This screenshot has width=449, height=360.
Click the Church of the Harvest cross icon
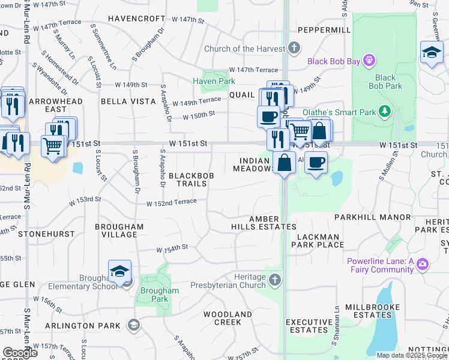point(294,47)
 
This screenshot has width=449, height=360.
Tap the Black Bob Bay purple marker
point(369,60)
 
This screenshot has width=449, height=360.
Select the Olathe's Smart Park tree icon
point(386,111)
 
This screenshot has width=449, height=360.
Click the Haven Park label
point(214,81)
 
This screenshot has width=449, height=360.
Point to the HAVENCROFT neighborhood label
point(136,19)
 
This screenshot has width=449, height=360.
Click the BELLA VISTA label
point(128,101)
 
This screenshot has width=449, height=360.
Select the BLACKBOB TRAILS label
point(188,179)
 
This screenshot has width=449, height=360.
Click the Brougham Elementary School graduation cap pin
point(119,271)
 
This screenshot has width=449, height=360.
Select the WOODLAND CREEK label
point(228,318)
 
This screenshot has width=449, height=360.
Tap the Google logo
point(20,353)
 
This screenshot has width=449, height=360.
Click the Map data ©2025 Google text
point(412,355)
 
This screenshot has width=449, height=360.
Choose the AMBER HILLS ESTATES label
point(264,222)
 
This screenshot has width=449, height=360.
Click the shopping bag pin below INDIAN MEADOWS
point(284,163)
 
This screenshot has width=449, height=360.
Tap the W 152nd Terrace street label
point(172,202)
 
